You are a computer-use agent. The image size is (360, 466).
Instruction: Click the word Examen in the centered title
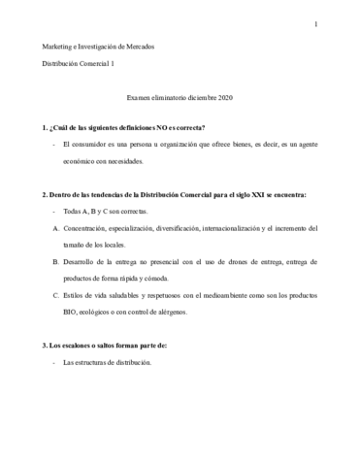click(143, 98)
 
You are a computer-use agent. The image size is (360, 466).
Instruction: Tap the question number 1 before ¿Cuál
click(46, 128)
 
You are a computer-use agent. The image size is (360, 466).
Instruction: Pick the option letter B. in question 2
click(55, 262)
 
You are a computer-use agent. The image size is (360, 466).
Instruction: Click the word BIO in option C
click(71, 313)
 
